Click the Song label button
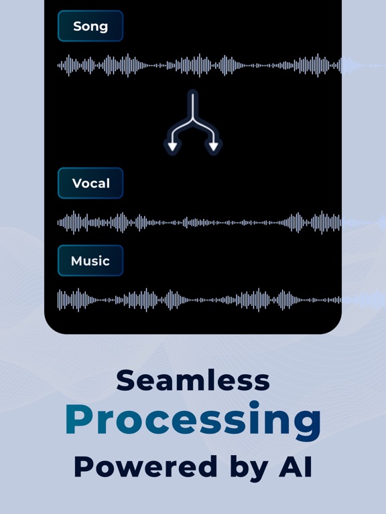90,26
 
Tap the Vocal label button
90,183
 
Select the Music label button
90,260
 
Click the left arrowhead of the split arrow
173,147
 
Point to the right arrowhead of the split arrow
214,147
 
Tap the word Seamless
193,380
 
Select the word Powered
145,466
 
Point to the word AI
296,466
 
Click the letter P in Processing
79,419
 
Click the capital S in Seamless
125,380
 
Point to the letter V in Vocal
78,183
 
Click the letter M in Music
77,261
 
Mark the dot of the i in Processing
254,405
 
